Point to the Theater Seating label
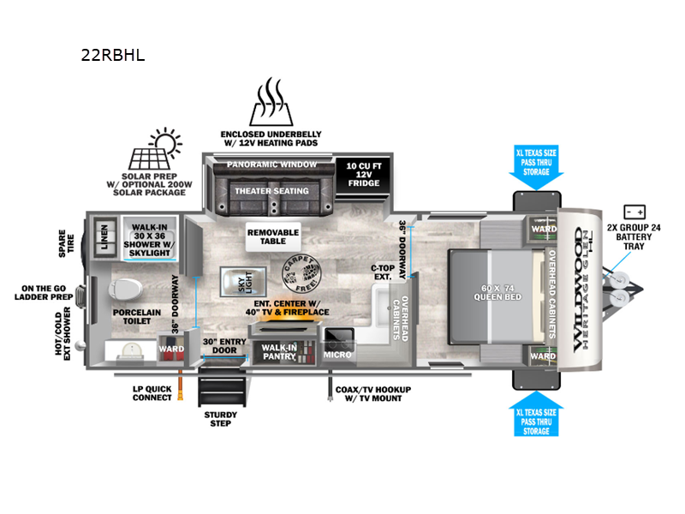tap(272, 191)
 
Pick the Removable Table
tap(272, 237)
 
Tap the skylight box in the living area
tap(234, 280)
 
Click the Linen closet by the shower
tap(105, 236)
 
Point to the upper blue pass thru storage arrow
tap(537, 170)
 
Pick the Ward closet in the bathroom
tap(170, 350)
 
